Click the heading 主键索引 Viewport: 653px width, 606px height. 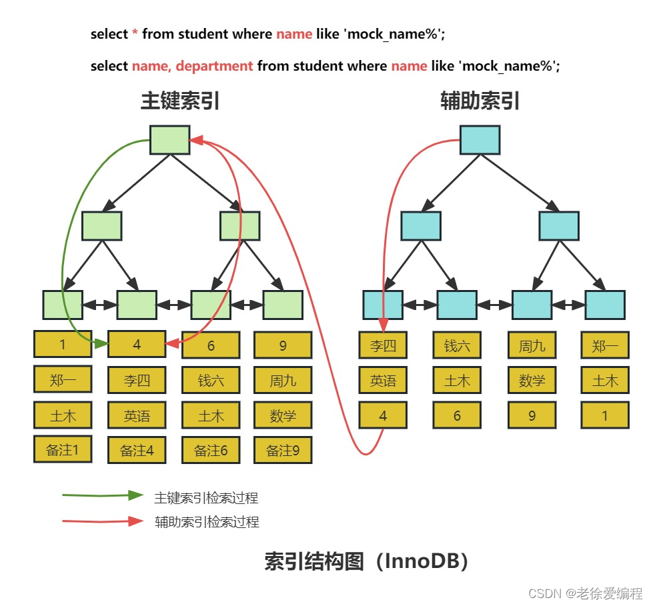tap(179, 101)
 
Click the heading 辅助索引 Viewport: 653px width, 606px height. tap(480, 101)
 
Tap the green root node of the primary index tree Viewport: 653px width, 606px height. tap(170, 140)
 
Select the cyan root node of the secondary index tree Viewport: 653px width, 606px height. tap(480, 140)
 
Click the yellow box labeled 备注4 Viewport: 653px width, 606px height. tap(137, 450)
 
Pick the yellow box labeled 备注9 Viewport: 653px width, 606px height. tap(283, 450)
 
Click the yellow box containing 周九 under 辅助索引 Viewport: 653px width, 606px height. tap(532, 345)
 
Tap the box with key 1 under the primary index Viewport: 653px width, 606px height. tap(63, 345)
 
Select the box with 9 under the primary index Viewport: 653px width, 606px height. tap(283, 345)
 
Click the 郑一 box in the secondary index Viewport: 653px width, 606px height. tap(605, 345)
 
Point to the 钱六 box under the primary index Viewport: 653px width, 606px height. tap(211, 381)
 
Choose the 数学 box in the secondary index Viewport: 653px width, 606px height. tap(532, 381)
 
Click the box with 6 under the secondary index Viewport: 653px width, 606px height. tap(457, 415)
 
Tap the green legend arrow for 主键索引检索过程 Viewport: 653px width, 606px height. tap(103, 496)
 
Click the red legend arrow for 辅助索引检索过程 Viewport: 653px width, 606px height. tap(103, 521)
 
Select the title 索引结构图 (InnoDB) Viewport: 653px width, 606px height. tap(366, 561)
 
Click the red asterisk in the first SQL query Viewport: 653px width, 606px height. tap(135, 34)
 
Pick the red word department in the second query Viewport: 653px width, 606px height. tap(214, 66)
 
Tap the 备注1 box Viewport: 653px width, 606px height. tap(63, 449)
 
